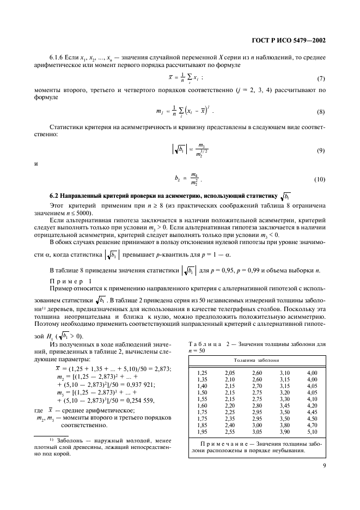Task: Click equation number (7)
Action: tap(321, 78)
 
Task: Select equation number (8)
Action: tap(321, 112)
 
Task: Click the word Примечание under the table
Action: tap(219, 444)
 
